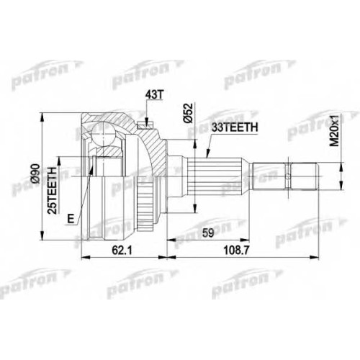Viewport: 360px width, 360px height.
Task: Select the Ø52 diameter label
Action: click(x=189, y=113)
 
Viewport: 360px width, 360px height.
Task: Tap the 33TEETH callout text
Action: click(x=234, y=127)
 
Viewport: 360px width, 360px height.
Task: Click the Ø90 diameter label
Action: click(x=35, y=174)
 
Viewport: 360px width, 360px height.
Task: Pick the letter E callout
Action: click(x=71, y=219)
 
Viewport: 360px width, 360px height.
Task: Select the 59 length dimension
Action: click(x=207, y=233)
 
